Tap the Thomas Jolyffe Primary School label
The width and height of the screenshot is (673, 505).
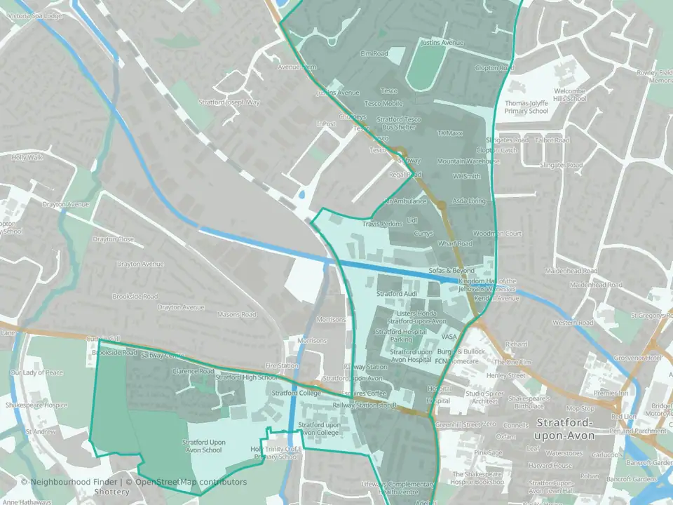tap(526, 107)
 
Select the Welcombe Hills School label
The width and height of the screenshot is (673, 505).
tap(569, 95)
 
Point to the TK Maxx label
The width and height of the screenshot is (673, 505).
tap(450, 133)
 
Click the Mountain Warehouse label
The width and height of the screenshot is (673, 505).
tap(468, 161)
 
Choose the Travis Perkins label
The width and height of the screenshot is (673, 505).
tap(382, 224)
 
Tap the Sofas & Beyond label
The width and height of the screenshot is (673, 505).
tap(452, 270)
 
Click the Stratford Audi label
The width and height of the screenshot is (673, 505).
tap(397, 293)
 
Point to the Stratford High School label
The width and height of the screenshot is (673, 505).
tap(246, 377)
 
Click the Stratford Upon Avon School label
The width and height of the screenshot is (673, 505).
tap(204, 445)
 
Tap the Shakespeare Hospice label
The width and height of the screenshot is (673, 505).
tap(36, 405)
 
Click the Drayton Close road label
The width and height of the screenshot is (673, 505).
tap(116, 239)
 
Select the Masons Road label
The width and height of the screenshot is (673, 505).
tap(238, 314)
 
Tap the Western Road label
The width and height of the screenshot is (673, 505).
tap(573, 323)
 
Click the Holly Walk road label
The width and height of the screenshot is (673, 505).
tap(27, 157)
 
